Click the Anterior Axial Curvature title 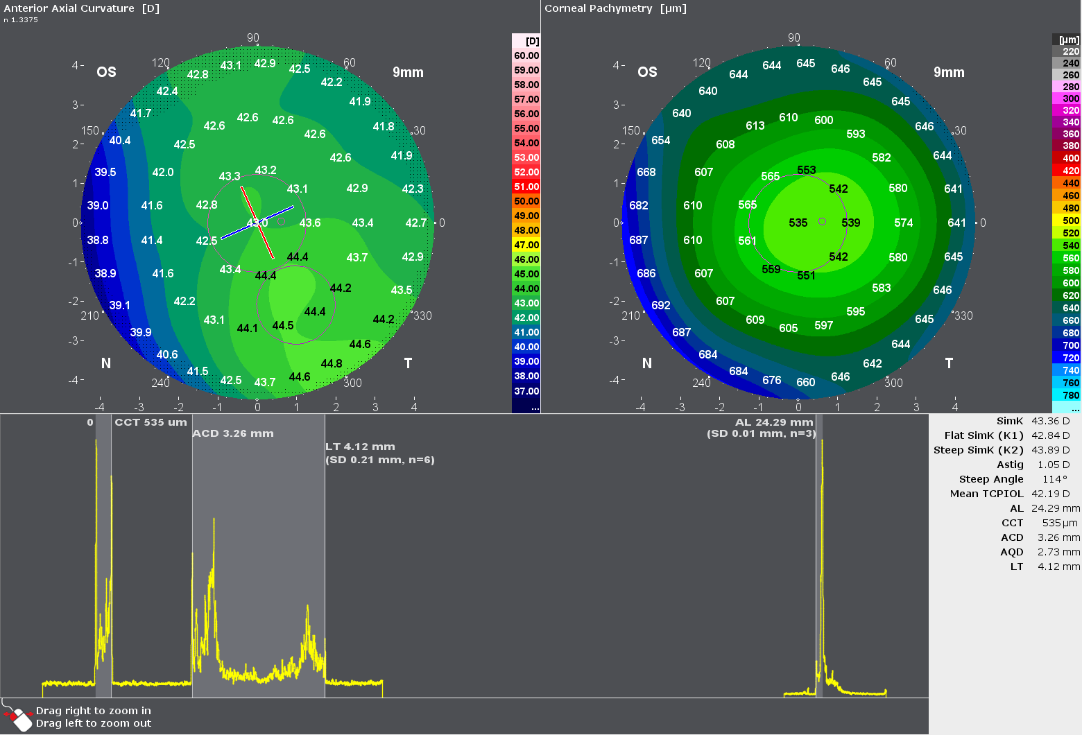pos(81,8)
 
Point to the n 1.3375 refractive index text pos(21,20)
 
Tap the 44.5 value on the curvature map pos(283,326)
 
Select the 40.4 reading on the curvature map pos(120,141)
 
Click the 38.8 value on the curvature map pos(98,241)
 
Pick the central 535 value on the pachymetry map pos(798,223)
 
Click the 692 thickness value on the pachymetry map pos(661,305)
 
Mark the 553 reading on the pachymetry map pos(807,171)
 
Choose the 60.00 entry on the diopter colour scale pos(526,56)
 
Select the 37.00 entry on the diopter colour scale pos(526,392)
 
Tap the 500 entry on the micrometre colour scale pos(1071,221)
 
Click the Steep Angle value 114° pos(1055,479)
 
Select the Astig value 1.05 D pos(1054,465)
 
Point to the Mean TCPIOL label pos(986,494)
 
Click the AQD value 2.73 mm pos(1058,552)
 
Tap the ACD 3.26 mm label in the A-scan pos(233,433)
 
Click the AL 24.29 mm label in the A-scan pos(774,422)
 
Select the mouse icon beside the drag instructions pos(19,718)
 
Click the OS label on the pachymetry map pos(647,72)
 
